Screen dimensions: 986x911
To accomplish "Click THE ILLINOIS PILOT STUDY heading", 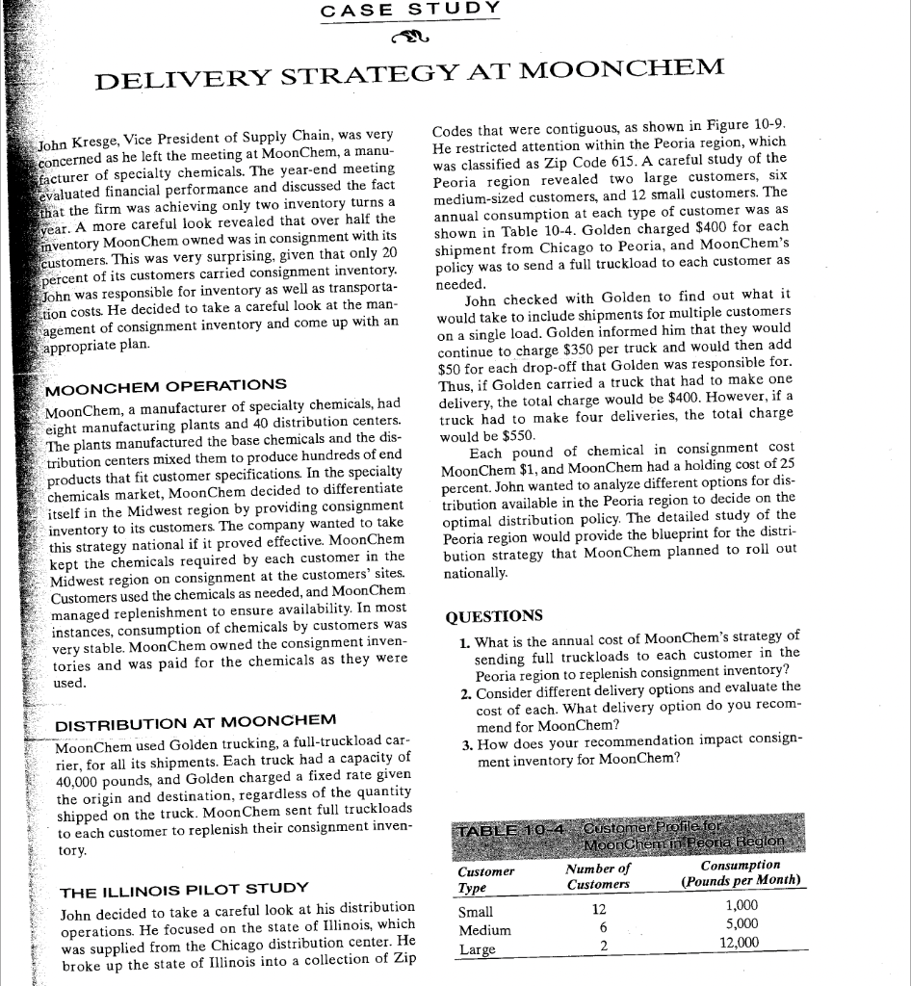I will click(184, 888).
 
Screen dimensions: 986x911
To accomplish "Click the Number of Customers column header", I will click(597, 877).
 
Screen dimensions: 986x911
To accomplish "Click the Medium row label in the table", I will click(484, 930).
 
